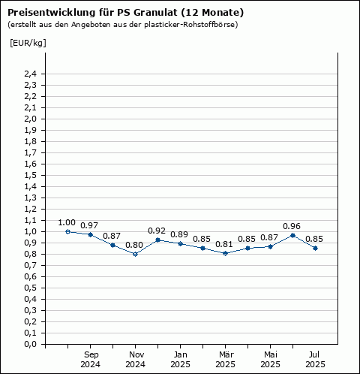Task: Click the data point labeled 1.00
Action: (x=67, y=232)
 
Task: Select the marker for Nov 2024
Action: (x=135, y=255)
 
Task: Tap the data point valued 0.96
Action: (x=292, y=236)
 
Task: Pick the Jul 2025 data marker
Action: (x=315, y=248)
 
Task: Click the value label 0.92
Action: (x=157, y=231)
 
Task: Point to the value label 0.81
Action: (x=224, y=244)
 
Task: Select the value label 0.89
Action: (x=179, y=234)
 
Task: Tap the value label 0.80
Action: (x=134, y=245)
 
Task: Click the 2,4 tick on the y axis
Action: (x=30, y=74)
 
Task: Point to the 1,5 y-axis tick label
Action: (x=30, y=176)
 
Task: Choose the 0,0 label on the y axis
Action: (x=30, y=345)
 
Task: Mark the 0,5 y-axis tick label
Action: (x=30, y=288)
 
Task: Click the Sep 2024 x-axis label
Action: (x=91, y=360)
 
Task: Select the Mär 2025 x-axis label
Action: (x=226, y=360)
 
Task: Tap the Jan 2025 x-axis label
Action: (x=181, y=360)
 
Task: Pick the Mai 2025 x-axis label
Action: (x=271, y=360)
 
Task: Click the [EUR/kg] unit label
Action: (x=28, y=43)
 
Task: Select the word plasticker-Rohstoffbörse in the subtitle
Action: (x=189, y=25)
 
